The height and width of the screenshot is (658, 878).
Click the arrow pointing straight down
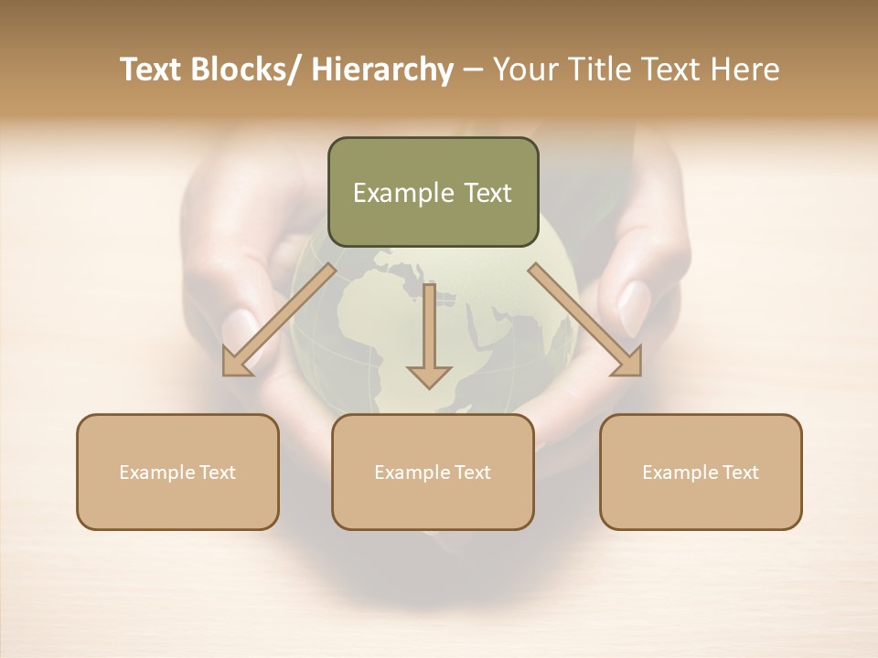(429, 338)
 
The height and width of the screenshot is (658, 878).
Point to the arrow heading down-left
(279, 319)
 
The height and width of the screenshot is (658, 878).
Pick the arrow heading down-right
(585, 319)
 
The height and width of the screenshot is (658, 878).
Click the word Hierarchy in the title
(382, 69)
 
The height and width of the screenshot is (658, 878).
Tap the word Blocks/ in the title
(245, 69)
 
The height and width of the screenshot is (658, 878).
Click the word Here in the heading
(745, 69)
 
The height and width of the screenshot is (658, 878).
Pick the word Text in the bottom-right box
(741, 472)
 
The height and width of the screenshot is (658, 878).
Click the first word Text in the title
(151, 69)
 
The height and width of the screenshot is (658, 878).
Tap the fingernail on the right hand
(634, 308)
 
